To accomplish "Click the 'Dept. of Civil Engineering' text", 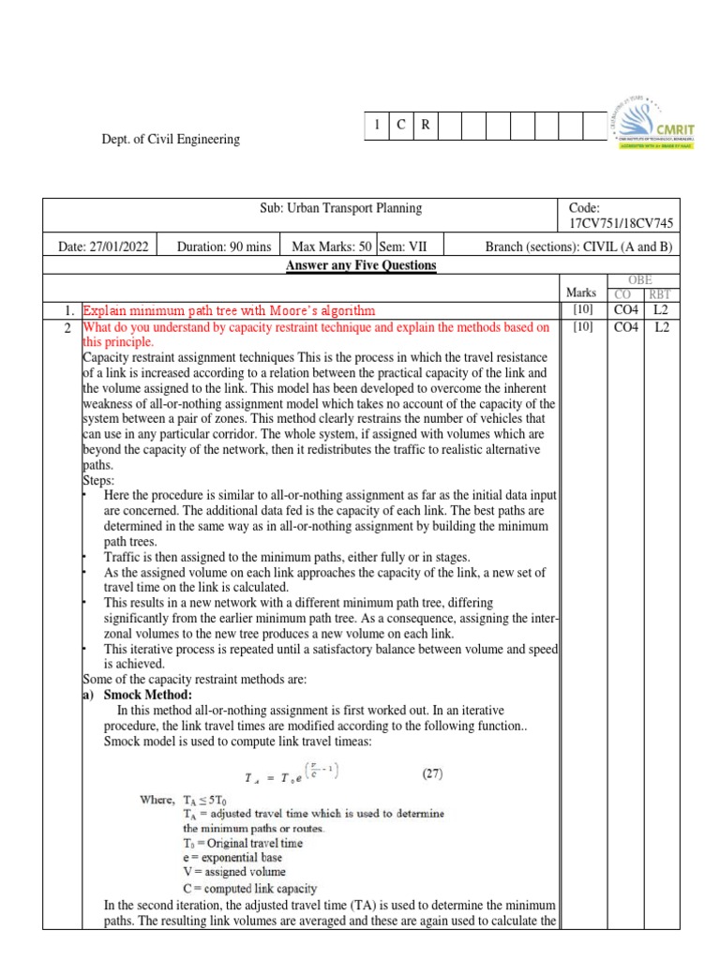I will coord(171,140).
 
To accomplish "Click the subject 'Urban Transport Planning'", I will coord(340,209).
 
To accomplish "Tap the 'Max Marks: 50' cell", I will coord(332,247).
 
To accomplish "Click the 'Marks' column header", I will coord(581,292).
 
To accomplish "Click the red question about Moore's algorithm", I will coord(229,310).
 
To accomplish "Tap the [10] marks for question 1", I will coord(581,310).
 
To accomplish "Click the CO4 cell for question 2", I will coord(626,327).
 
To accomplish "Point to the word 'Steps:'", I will coord(98,479).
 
